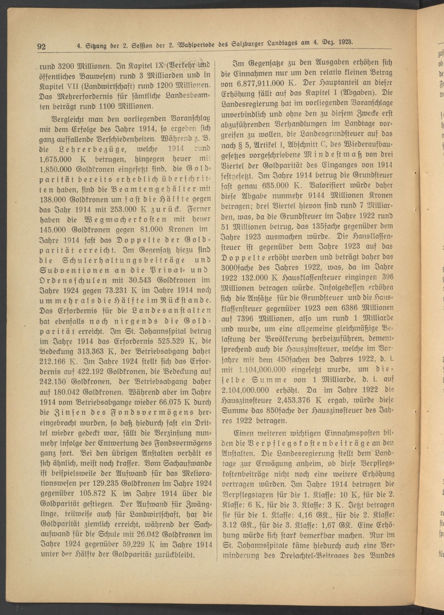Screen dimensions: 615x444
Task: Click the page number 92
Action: (42, 47)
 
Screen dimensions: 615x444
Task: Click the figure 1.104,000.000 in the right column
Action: (262, 370)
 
